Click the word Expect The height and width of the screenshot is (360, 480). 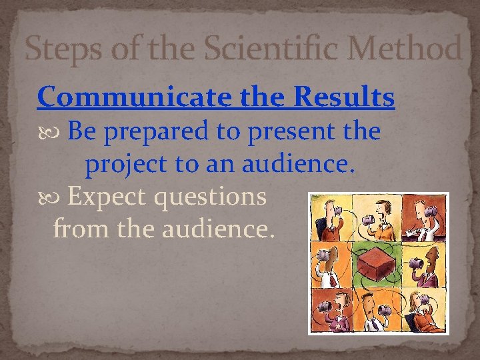click(x=107, y=197)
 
